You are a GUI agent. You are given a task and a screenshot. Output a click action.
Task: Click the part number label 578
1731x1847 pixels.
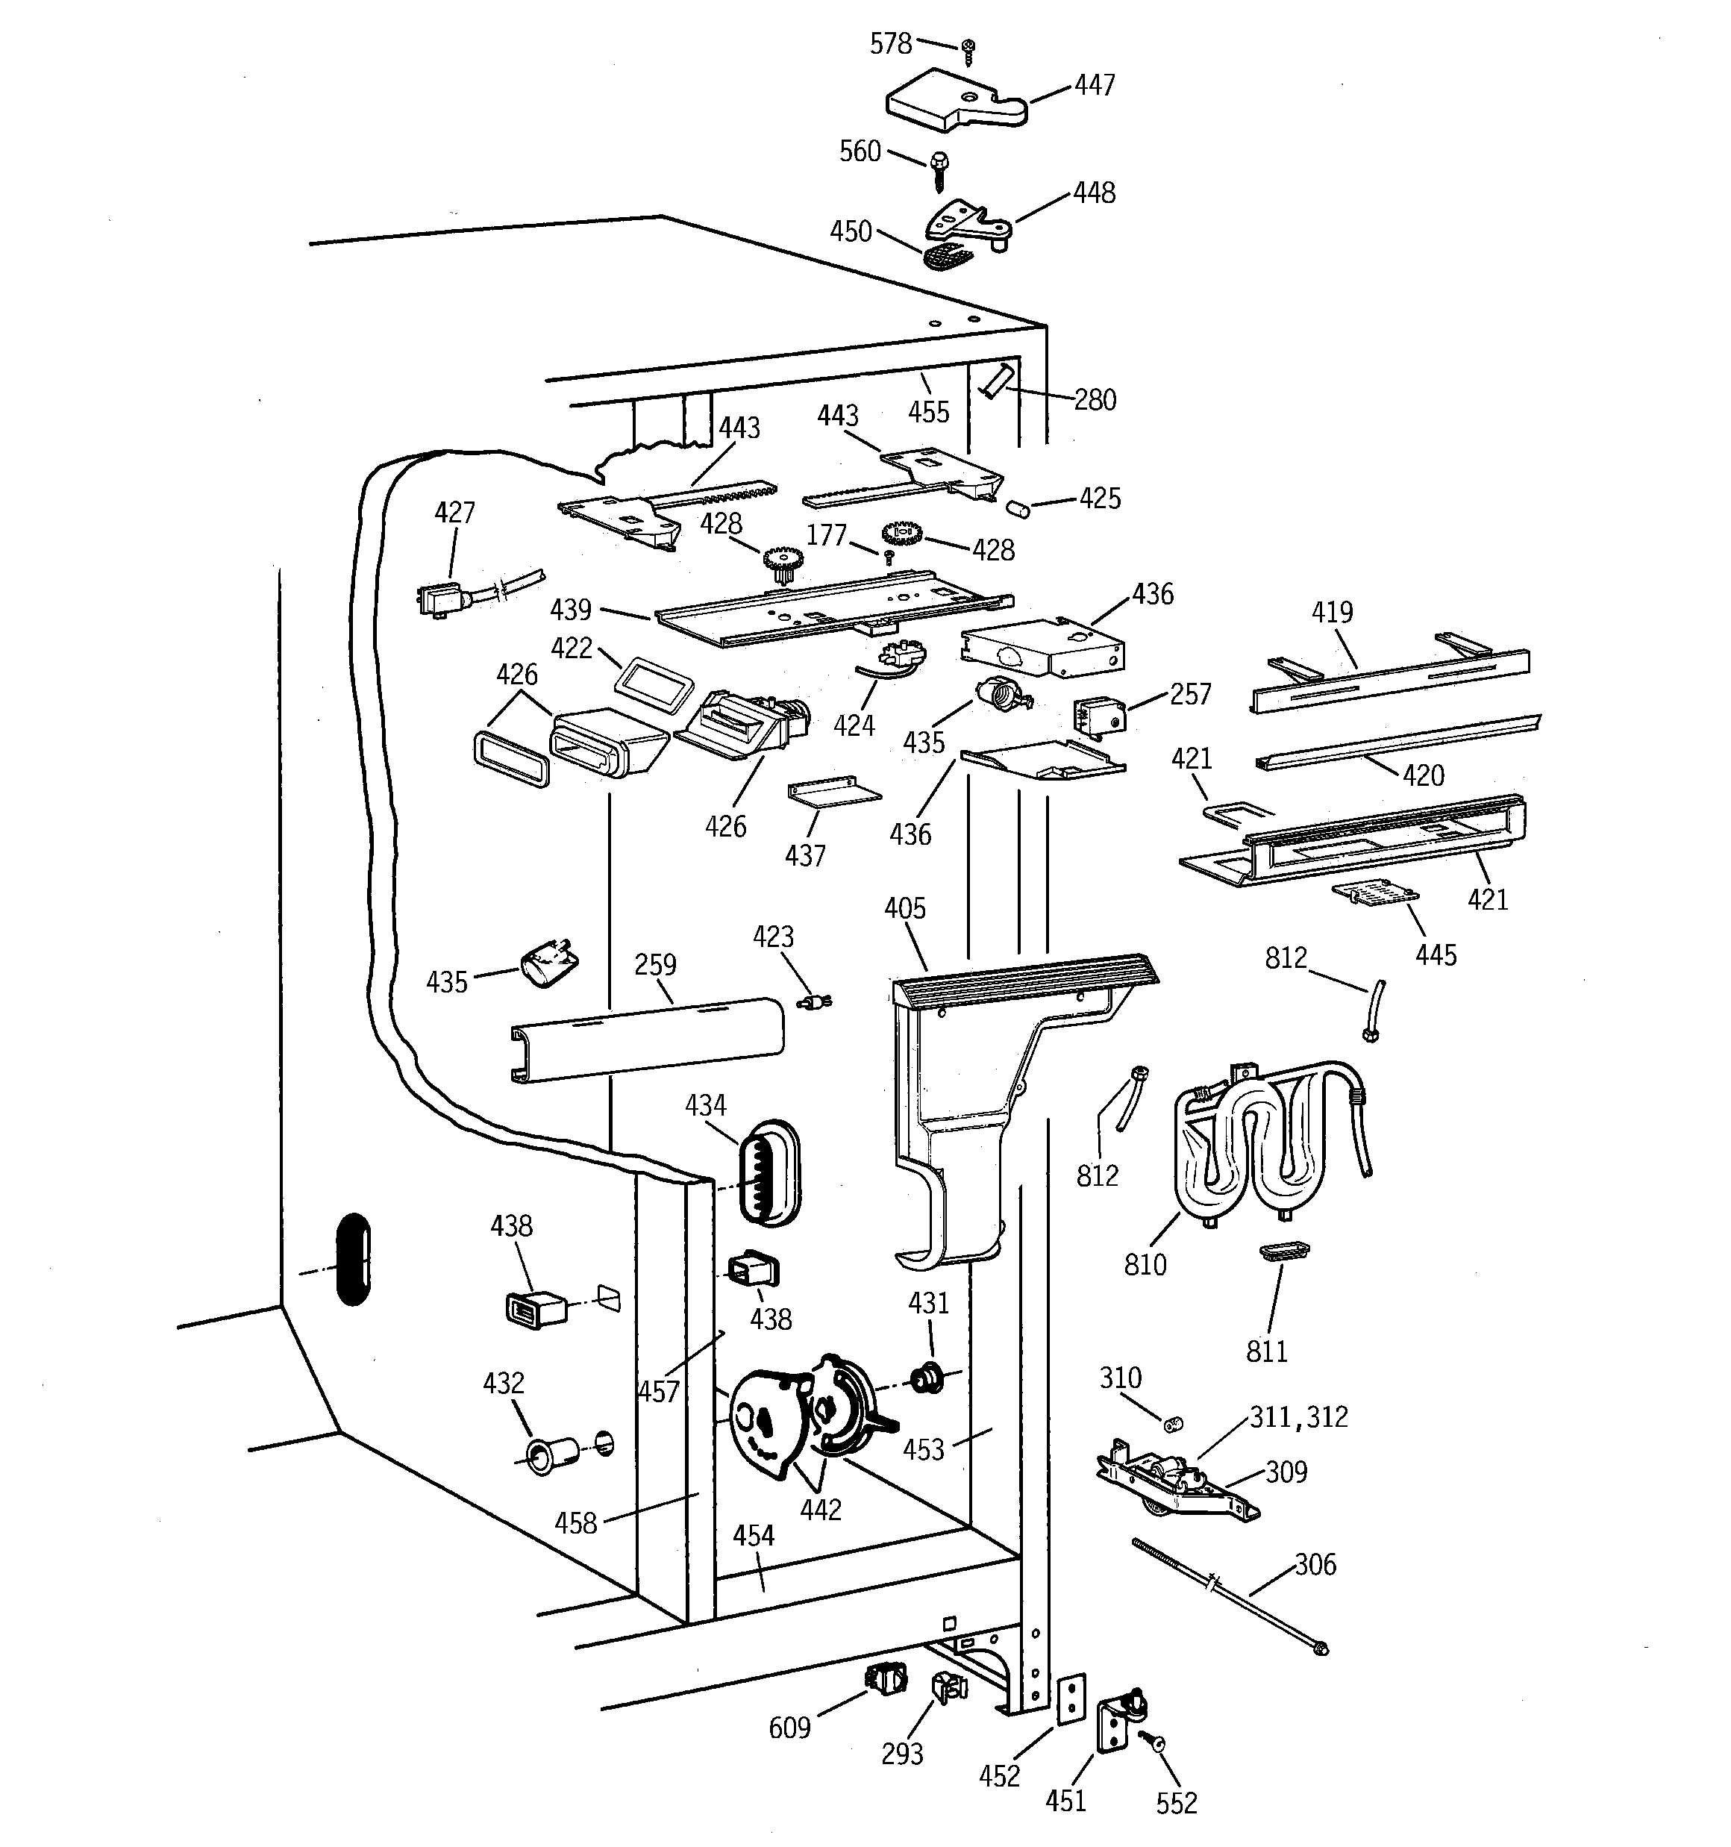[890, 44]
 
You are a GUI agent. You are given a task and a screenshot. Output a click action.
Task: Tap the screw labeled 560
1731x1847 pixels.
[939, 167]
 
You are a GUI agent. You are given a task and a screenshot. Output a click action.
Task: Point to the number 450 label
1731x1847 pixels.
[850, 231]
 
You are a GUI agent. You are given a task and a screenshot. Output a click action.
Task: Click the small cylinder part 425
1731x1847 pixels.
[1018, 508]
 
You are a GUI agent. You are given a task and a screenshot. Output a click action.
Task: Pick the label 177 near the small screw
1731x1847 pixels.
[826, 535]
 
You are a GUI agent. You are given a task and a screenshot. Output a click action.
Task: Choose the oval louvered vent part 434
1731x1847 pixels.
[768, 1172]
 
